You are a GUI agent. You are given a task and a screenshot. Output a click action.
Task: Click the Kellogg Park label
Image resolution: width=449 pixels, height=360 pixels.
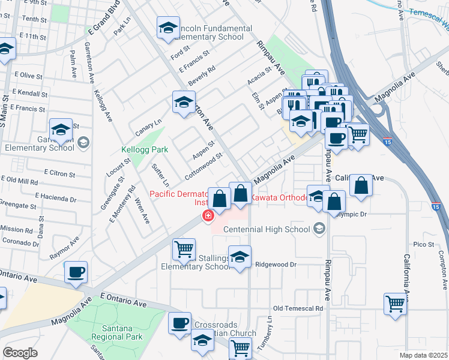144,149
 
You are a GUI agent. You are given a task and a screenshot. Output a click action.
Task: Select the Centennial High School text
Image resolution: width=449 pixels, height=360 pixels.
266,229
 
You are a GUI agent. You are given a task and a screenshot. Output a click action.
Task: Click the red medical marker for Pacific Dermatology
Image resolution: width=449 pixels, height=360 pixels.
208,216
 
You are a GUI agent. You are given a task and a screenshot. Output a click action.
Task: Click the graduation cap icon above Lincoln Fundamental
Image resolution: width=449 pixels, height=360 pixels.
169,27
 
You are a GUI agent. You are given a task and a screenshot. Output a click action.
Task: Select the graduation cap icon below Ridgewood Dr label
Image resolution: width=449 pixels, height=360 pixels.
240,258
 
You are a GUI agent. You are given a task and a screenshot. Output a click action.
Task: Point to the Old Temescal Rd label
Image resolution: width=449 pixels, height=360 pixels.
298,308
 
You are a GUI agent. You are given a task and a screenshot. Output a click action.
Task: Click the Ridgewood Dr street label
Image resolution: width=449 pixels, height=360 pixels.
276,264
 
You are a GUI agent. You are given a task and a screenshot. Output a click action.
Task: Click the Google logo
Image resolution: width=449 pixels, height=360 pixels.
20,353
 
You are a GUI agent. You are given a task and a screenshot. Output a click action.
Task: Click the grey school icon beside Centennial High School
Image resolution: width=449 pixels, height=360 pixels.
318,228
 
